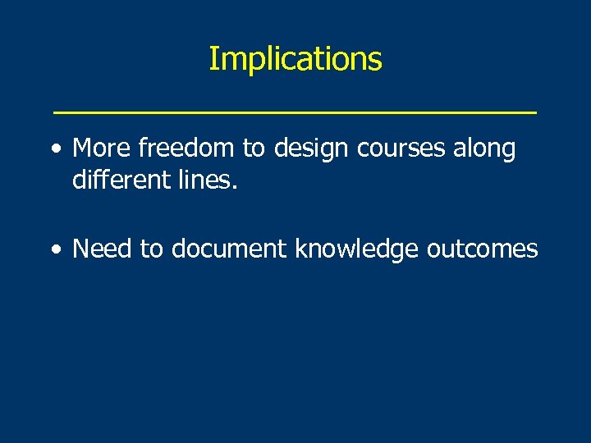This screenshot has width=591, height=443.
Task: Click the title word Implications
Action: [295, 59]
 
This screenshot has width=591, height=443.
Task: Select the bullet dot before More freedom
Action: [54, 150]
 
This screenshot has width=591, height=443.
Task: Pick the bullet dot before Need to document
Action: [54, 250]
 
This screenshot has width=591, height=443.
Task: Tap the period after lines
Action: [235, 187]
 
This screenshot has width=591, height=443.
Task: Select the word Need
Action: [103, 249]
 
